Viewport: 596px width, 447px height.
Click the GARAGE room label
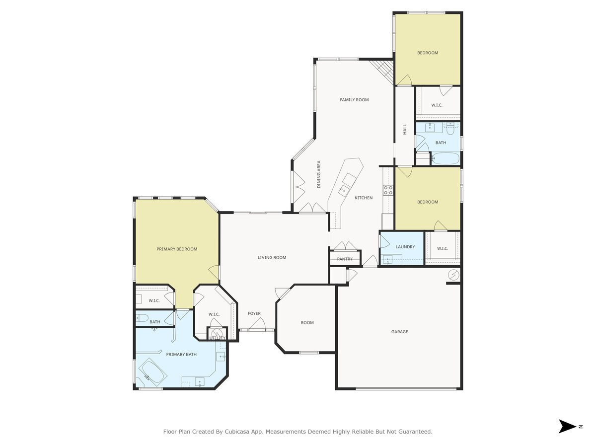point(399,332)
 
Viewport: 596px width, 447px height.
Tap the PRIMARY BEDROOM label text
point(177,249)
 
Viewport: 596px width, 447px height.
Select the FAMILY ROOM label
point(354,100)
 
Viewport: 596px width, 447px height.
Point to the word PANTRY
point(345,259)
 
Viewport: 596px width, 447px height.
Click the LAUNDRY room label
point(405,247)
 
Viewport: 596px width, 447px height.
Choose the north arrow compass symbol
point(567,426)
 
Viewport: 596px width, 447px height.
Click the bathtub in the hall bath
point(445,159)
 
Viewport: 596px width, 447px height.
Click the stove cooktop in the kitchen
point(388,190)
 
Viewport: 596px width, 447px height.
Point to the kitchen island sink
point(344,189)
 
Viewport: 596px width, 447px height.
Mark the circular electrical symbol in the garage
point(453,275)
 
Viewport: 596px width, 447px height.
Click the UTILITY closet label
point(217,338)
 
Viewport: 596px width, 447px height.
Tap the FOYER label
point(254,313)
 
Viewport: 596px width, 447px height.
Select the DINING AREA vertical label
point(319,174)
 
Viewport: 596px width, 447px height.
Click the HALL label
point(405,129)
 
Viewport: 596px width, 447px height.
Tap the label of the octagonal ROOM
point(307,323)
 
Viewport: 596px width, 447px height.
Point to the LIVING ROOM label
point(272,257)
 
